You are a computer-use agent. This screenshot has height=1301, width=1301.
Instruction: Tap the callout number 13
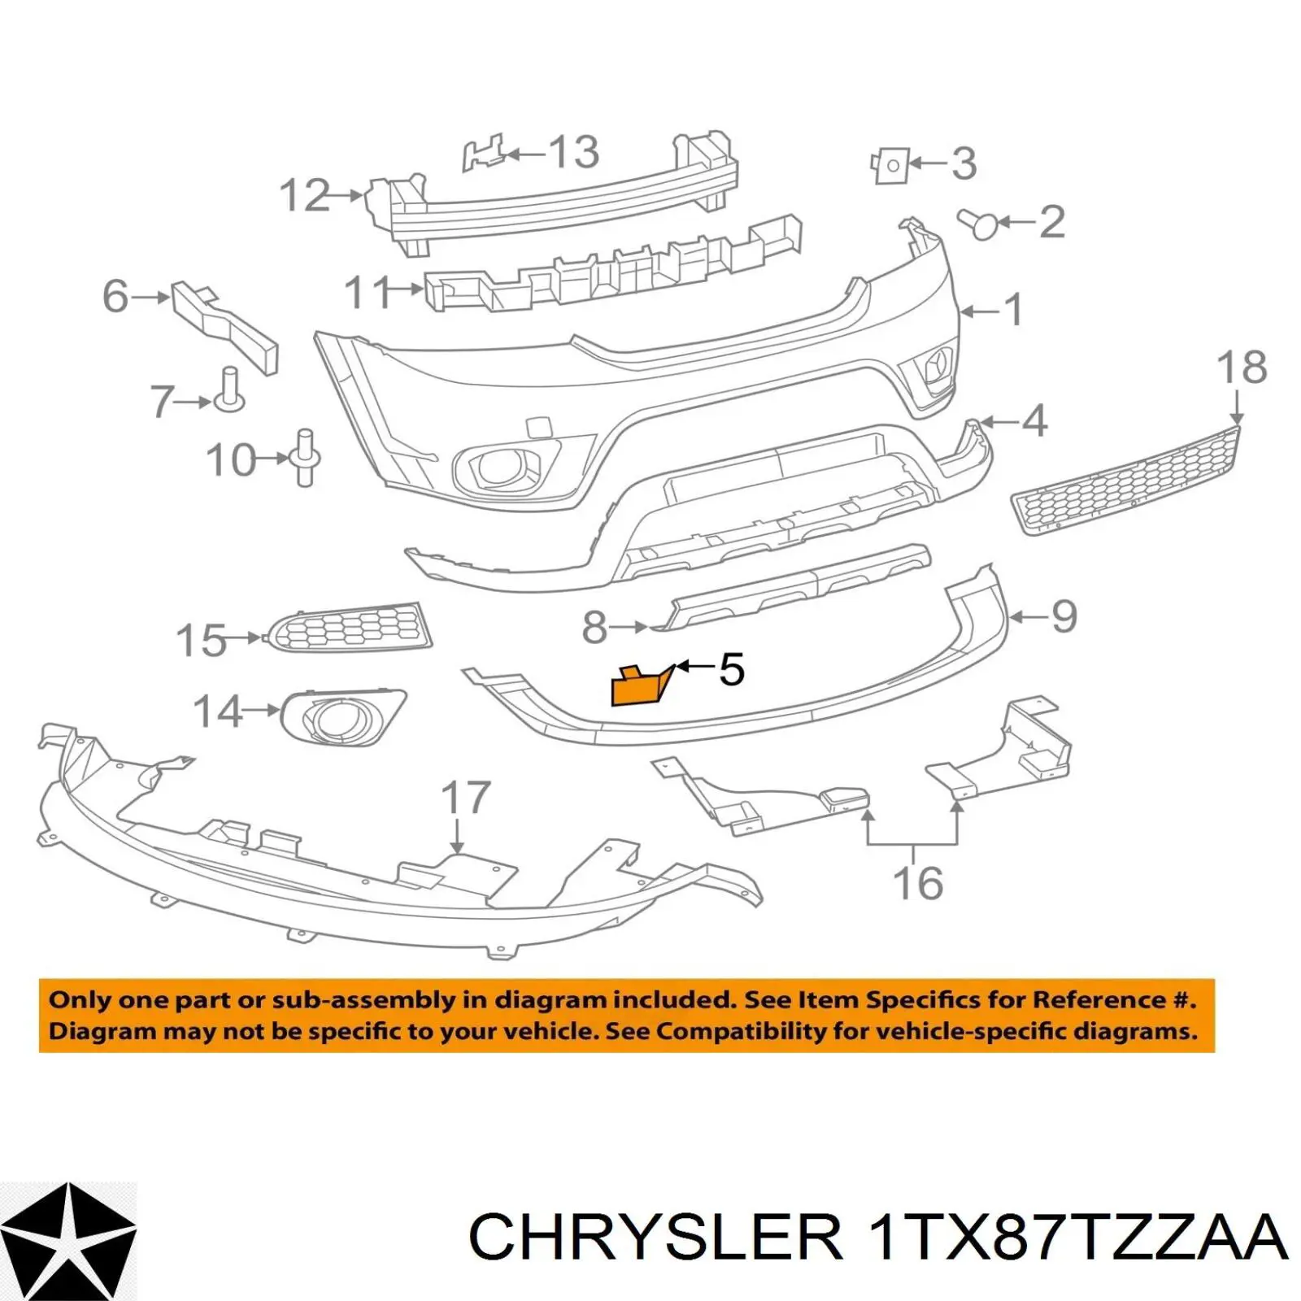coord(574,152)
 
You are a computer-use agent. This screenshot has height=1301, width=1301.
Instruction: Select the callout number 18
coord(1242,368)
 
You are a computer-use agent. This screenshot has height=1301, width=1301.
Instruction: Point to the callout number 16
coord(918,883)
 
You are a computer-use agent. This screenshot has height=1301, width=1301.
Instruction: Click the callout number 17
coord(466,798)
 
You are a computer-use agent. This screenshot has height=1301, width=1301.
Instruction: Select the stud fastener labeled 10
coord(305,457)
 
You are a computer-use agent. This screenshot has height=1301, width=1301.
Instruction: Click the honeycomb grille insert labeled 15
coord(350,627)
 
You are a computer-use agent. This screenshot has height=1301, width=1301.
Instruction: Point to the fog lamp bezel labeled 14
coord(342,717)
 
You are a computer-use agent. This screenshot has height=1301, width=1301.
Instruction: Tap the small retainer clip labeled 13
coord(485,153)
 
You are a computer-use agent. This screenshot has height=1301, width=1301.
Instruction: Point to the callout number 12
coord(305,196)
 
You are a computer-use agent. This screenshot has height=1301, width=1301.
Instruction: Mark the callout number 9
coord(1064,616)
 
